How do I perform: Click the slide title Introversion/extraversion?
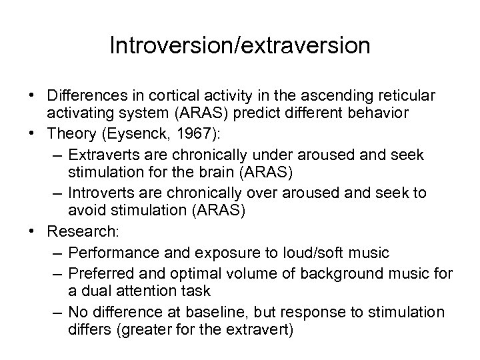pyautogui.click(x=240, y=46)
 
